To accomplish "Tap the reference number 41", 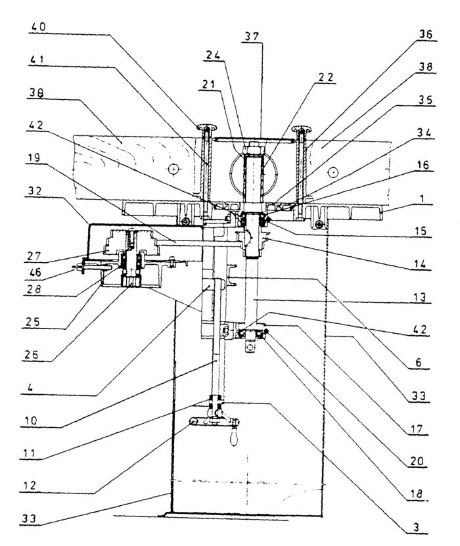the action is [37, 60].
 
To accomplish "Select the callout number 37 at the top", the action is [252, 37].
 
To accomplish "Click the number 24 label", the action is [214, 55].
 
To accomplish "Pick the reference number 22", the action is [326, 77].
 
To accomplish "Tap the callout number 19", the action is [34, 158].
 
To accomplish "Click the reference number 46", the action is [34, 272].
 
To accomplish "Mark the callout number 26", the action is [32, 355].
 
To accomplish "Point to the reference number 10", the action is [30, 421].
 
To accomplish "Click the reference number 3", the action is [417, 527].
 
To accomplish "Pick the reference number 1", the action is [422, 199].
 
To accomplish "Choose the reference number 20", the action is [417, 461].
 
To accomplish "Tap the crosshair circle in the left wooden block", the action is [173, 170].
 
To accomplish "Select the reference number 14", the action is [420, 264].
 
